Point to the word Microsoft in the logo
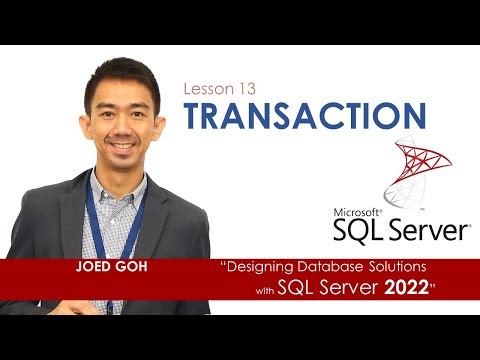(357, 212)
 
